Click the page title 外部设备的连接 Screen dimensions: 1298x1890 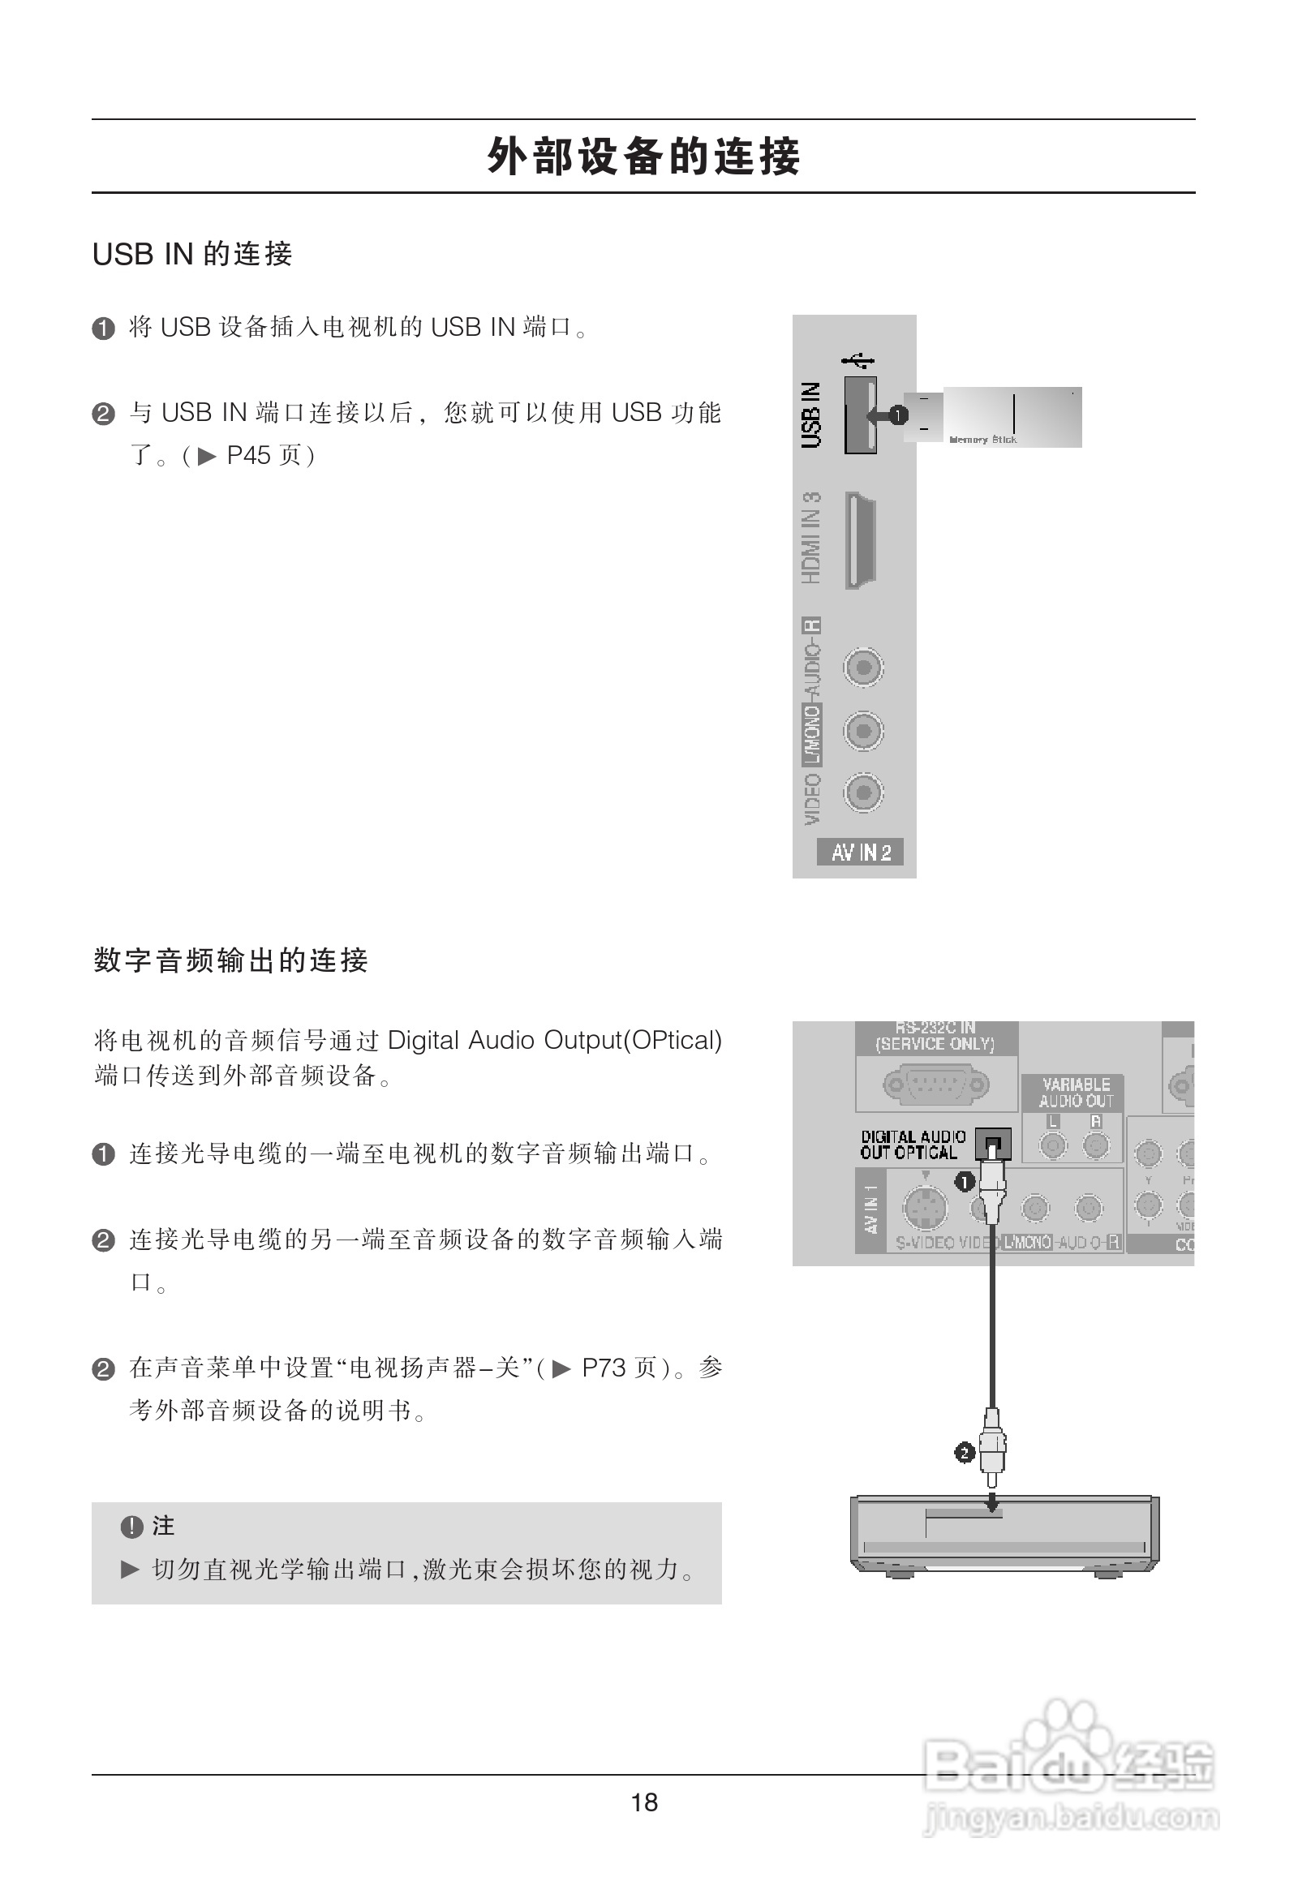643,156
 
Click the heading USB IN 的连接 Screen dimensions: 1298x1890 192,255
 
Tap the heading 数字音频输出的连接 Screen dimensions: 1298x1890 231,960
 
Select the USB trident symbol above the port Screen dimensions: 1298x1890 858,359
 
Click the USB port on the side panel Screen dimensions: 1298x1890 860,415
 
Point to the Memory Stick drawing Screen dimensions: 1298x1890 1000,416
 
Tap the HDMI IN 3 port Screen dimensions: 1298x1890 860,540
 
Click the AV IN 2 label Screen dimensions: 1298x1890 861,853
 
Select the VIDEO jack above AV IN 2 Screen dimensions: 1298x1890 863,793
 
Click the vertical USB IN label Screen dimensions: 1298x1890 812,415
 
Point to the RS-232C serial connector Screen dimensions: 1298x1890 936,1084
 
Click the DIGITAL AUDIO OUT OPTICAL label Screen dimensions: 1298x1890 913,1145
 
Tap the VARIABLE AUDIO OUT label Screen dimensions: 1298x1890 1075,1092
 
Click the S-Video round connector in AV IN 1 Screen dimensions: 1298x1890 926,1209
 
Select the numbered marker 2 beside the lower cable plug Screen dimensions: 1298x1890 965,1453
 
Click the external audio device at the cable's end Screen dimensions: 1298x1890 1004,1534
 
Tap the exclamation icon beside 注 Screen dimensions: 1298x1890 131,1527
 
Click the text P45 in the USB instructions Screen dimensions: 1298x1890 248,455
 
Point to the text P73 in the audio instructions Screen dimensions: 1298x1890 604,1368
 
